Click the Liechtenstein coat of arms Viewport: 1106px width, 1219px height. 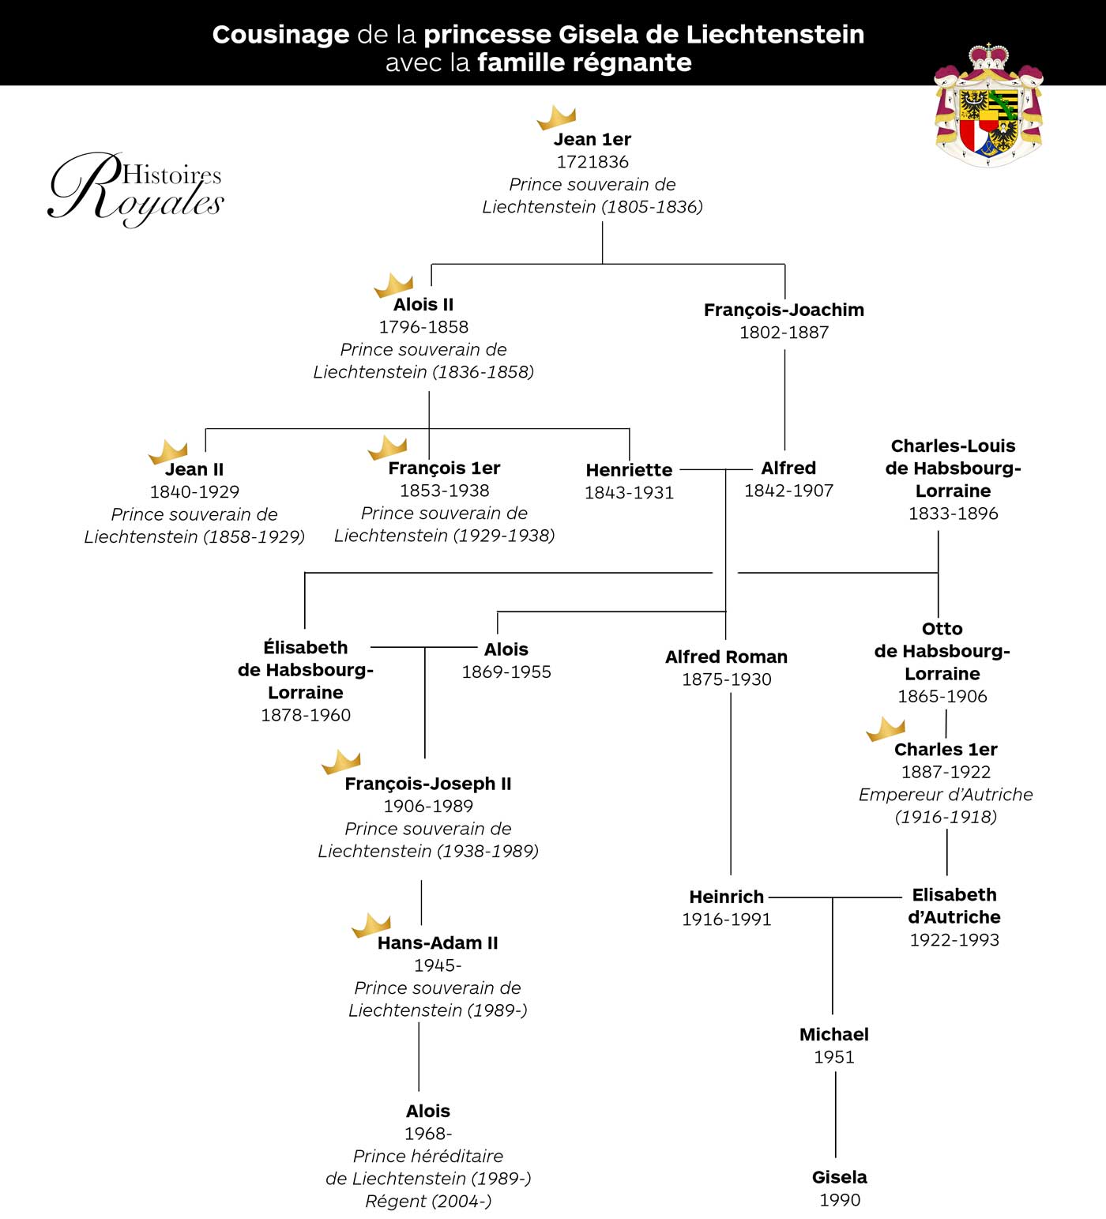pos(988,105)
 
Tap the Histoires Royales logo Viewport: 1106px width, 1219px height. pos(136,188)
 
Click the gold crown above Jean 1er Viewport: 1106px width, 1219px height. pos(556,117)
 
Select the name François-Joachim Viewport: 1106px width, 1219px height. pos(784,310)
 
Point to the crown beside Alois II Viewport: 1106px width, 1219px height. pos(393,284)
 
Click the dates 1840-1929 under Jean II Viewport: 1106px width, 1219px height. pos(194,491)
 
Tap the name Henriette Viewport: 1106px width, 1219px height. pos(629,470)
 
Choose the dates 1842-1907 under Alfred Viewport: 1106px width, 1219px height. pos(788,491)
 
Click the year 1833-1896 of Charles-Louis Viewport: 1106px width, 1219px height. pos(953,514)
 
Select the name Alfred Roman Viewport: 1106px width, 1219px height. pos(726,657)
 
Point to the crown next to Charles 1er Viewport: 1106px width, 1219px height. pos(886,729)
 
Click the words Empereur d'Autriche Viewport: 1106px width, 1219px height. pos(946,795)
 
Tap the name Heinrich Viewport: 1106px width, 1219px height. pos(726,897)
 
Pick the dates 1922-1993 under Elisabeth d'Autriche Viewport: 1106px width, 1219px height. pos(954,940)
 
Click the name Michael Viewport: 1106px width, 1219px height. pos(833,1034)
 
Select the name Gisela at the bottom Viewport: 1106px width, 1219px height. pos(839,1177)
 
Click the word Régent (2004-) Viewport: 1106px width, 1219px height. pos(428,1202)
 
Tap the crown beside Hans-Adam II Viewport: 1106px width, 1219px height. pos(371,925)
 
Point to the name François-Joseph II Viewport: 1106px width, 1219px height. pos(428,784)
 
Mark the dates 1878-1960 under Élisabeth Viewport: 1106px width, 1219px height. pos(306,715)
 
